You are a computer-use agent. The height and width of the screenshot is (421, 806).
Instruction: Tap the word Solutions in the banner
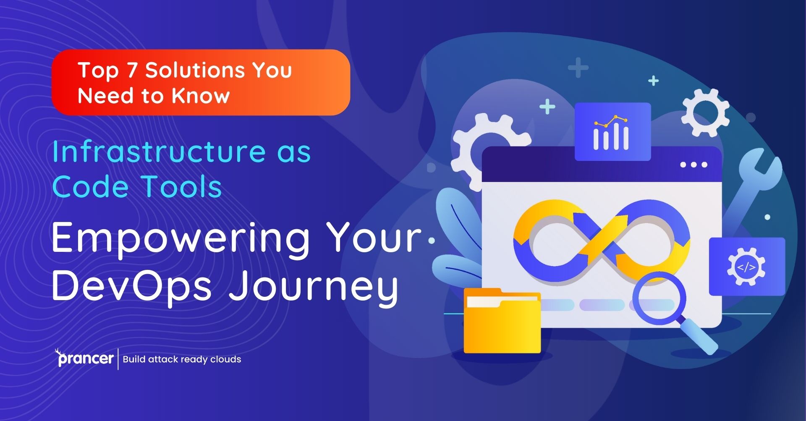[195, 70]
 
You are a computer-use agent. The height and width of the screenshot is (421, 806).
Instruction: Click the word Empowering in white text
[181, 238]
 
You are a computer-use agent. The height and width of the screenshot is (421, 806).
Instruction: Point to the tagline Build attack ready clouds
[182, 359]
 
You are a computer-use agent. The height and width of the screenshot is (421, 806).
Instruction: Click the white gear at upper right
[705, 112]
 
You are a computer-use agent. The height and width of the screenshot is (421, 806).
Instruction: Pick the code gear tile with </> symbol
[746, 267]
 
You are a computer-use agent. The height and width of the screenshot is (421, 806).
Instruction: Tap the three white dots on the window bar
[693, 165]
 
